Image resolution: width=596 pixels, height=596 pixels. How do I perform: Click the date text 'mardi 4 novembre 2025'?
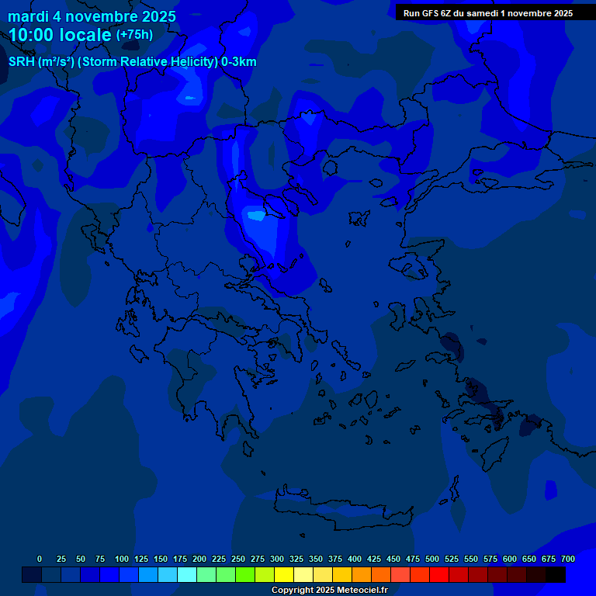click(92, 16)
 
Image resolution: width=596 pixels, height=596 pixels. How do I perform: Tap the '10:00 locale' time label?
click(60, 35)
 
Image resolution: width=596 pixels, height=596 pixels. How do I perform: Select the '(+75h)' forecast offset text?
click(134, 35)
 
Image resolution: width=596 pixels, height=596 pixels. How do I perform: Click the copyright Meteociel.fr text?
click(329, 590)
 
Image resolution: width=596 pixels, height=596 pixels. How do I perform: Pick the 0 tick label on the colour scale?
click(40, 559)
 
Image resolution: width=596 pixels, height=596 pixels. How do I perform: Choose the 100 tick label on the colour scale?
click(121, 559)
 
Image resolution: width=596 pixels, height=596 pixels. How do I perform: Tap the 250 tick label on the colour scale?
click(238, 559)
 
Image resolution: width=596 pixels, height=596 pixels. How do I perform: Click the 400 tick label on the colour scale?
click(355, 559)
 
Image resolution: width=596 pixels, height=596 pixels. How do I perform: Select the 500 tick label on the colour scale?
click(432, 559)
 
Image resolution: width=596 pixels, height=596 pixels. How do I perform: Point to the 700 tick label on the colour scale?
click(567, 559)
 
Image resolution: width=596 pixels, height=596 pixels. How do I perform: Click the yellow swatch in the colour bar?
click(284, 575)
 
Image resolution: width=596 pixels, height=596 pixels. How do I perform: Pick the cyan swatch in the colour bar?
click(187, 575)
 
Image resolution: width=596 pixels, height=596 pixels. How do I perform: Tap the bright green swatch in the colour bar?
click(245, 575)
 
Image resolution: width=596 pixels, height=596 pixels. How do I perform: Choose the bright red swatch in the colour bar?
click(439, 575)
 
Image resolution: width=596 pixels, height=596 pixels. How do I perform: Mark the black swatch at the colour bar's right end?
click(556, 575)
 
